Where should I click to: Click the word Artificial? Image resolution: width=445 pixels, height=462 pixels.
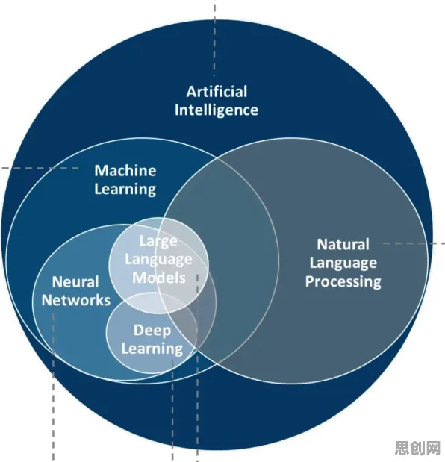(x=217, y=92)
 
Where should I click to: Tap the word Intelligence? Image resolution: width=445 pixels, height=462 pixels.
(x=217, y=110)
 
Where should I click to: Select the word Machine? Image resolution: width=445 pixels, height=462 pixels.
(x=125, y=171)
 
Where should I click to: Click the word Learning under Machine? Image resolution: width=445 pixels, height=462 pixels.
(x=125, y=190)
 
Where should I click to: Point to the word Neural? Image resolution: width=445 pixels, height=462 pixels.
(x=75, y=282)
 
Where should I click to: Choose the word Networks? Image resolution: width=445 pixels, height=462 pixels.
(x=76, y=300)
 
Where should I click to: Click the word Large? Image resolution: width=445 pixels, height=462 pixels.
(x=158, y=242)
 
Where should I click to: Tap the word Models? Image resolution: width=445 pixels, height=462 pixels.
(x=159, y=278)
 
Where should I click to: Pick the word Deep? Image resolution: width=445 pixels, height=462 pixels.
(x=152, y=331)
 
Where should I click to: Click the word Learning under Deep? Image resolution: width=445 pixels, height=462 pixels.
(x=152, y=349)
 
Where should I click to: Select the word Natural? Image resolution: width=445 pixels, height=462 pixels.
(x=343, y=245)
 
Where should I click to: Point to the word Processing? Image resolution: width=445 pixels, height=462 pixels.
(x=343, y=281)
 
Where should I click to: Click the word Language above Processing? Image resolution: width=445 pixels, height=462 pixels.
(x=343, y=263)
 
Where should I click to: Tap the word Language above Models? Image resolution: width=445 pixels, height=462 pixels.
(x=158, y=260)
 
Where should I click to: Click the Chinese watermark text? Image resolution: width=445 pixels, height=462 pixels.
(x=417, y=448)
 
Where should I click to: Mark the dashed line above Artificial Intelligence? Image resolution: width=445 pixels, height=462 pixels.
(x=214, y=38)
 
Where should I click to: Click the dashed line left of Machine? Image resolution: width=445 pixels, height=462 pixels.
(x=40, y=168)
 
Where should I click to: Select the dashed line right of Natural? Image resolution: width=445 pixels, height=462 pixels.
(x=411, y=243)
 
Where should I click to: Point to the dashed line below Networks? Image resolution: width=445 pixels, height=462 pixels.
(x=53, y=387)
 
